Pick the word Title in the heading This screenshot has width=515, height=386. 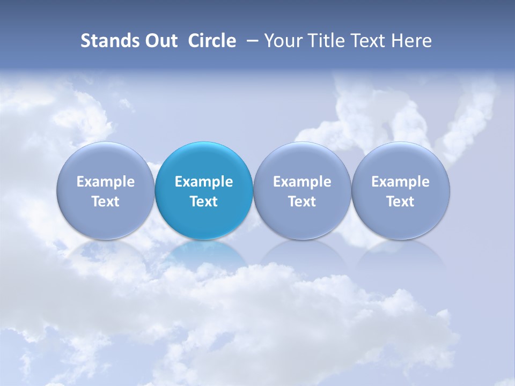coord(326,41)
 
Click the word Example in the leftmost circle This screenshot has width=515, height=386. coord(106,182)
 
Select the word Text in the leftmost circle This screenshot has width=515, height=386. coord(106,202)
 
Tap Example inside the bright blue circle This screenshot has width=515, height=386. coord(204,182)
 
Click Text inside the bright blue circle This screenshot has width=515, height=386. coord(204,202)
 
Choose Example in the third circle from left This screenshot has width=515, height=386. coord(302,182)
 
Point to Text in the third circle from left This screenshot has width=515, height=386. coord(302,202)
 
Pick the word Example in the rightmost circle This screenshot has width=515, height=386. coord(400,182)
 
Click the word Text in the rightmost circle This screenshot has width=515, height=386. coord(400,202)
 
